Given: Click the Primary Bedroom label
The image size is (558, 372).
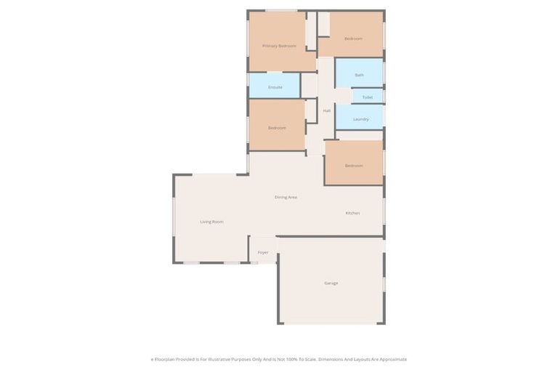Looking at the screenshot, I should (x=279, y=46).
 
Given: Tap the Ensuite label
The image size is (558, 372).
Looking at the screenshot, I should (x=275, y=87).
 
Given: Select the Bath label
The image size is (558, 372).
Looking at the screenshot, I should (x=359, y=75).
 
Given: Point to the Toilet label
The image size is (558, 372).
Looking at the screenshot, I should (x=367, y=97).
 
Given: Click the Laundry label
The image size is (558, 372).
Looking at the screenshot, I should (x=361, y=119).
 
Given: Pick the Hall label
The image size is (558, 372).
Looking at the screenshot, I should (x=327, y=110).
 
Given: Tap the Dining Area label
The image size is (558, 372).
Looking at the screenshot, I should (x=286, y=197).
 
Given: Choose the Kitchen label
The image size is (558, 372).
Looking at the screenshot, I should (x=352, y=213).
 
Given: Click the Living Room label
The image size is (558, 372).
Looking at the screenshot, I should (x=211, y=222).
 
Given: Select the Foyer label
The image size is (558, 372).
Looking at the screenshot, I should (x=263, y=252).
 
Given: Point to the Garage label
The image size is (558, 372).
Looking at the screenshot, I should (x=331, y=283).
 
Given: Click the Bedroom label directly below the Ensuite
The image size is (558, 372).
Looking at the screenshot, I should (x=277, y=128).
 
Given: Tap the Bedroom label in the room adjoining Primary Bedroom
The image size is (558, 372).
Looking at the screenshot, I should (x=353, y=39).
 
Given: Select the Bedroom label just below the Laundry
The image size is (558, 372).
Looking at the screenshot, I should (x=354, y=166).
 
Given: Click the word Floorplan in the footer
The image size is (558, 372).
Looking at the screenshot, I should (x=166, y=359).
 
